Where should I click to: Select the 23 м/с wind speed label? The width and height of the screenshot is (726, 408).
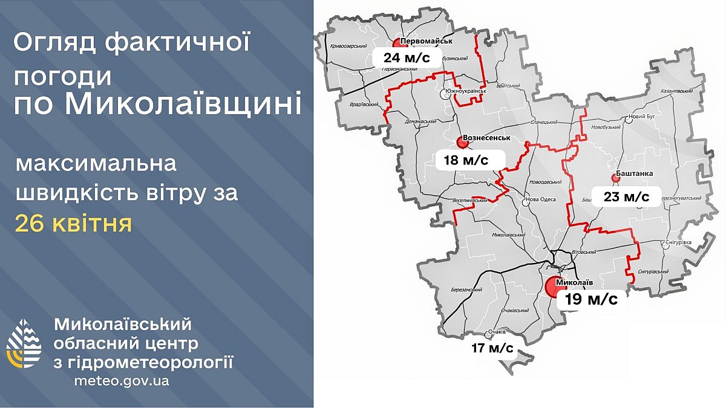coord(626,196)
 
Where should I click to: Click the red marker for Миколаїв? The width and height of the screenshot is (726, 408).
coord(554,286)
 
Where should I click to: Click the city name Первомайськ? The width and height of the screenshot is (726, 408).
coord(427,40)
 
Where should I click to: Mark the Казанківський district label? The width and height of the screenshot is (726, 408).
coord(676,91)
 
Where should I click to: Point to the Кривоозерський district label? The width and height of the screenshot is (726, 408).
coord(349,46)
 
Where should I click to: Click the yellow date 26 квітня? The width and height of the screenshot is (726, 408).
coord(73,224)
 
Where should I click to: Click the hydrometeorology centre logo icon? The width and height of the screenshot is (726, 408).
coord(24,343)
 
